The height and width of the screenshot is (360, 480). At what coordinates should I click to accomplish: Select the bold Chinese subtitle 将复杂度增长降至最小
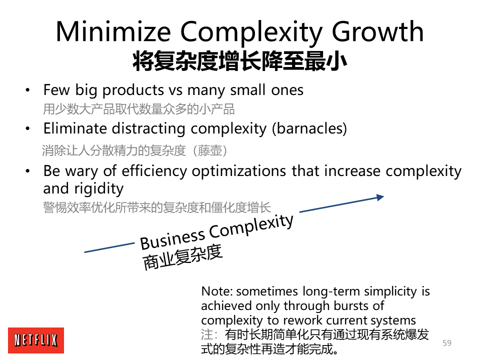[x=239, y=61]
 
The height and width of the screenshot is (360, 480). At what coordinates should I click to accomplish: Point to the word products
[x=133, y=90]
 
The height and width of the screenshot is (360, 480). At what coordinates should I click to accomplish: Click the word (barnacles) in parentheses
[x=309, y=128]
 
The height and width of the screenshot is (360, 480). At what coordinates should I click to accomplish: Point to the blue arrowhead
[x=380, y=197]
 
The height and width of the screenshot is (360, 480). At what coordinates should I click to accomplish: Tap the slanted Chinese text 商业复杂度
[x=182, y=257]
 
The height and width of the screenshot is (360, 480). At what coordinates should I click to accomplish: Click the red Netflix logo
[x=36, y=340]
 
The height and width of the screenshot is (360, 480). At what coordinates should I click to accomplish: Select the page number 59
[x=447, y=343]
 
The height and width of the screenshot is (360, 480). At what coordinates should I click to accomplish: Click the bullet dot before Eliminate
[x=27, y=128]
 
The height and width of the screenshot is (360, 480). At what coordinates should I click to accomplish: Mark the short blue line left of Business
[x=109, y=247]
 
